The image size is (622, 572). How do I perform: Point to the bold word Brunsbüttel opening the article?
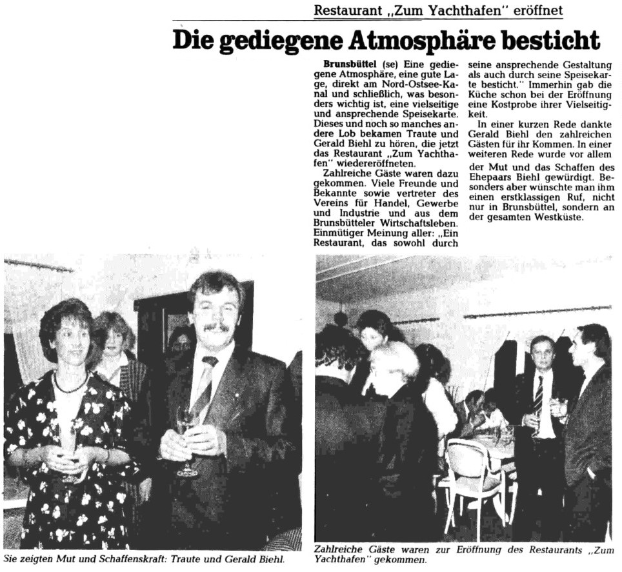coord(350,66)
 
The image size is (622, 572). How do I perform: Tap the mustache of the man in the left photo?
coord(216,328)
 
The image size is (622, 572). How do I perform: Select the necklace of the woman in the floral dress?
coord(70,387)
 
